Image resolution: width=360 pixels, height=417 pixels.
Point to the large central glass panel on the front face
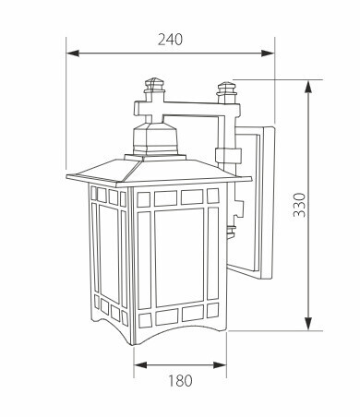click(x=180, y=258)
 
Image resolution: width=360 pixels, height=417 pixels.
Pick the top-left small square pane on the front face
click(x=142, y=197)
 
